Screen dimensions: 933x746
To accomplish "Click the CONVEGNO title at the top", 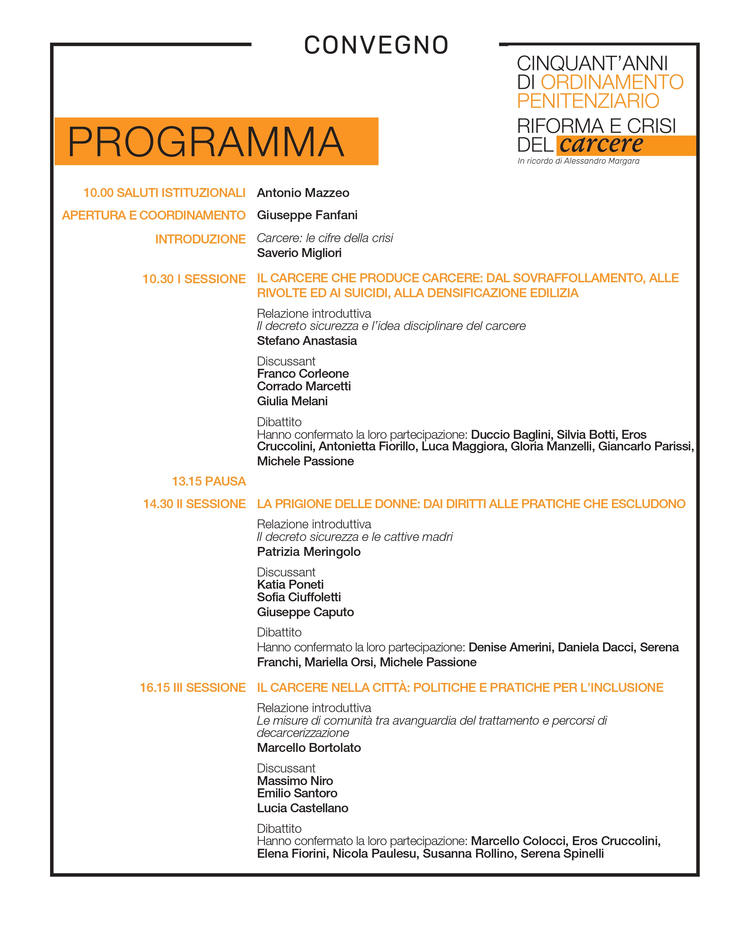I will (x=376, y=45).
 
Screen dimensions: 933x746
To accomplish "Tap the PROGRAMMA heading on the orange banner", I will (x=206, y=142).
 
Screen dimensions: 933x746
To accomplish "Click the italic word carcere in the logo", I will (x=601, y=145).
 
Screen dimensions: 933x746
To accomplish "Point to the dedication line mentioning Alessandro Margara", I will (x=578, y=161).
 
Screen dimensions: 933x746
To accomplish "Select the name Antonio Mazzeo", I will (x=303, y=193).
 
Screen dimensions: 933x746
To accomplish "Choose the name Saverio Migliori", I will (x=299, y=253).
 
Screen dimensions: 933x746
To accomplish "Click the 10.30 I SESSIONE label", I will (x=194, y=279).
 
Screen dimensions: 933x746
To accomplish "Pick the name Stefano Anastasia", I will (x=307, y=341).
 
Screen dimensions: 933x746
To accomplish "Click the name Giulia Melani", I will (x=292, y=401).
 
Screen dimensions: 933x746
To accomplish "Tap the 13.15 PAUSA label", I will (x=209, y=481).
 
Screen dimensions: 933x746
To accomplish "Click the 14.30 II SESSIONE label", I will (x=194, y=504).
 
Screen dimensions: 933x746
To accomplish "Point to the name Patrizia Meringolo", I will (x=309, y=552).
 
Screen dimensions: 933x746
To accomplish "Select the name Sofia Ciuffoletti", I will (x=299, y=597).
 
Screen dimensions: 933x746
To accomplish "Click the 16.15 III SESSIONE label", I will (x=193, y=688).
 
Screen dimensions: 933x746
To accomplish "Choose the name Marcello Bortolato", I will (x=309, y=748).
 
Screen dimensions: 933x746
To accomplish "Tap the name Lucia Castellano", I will (x=302, y=808).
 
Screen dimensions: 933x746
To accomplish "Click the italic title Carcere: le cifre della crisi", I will (x=325, y=238).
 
